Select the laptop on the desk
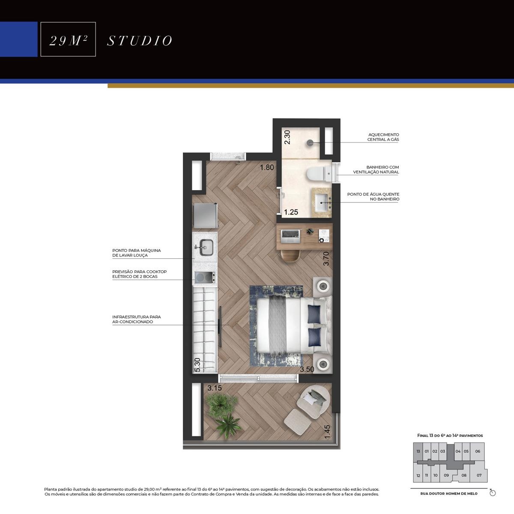pos(290,236)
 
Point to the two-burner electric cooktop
pos(205,277)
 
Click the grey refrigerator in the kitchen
pos(205,216)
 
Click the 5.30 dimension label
pos(197,365)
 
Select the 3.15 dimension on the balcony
pos(215,388)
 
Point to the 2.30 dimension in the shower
pos(287,137)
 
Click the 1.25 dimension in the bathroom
pos(291,212)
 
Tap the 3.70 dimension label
pos(326,258)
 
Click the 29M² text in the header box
pos(68,41)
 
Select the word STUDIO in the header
pos(140,41)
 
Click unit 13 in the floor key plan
pos(418,451)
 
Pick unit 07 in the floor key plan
pos(479,475)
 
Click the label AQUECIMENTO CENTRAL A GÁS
pos(383,137)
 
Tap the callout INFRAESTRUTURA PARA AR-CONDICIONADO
pos(137,319)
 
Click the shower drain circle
pos(310,143)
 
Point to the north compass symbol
pos(493,493)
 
